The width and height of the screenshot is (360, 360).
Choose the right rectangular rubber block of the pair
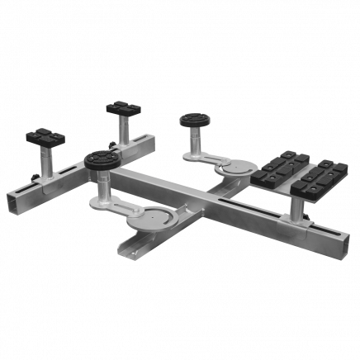313,182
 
